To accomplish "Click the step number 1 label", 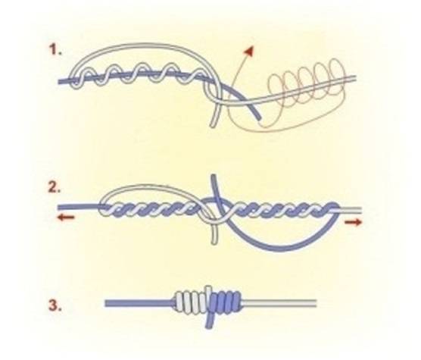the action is [x=55, y=50].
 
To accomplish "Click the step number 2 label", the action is [x=55, y=187].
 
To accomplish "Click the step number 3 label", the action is [x=55, y=305].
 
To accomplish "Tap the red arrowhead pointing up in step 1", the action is [x=249, y=51].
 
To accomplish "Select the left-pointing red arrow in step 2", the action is [x=67, y=218].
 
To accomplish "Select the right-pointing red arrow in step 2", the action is [x=354, y=222].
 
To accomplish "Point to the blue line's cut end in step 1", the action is [x=260, y=117].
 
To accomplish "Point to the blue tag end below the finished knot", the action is [x=209, y=321].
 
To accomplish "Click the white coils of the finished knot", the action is [x=192, y=302].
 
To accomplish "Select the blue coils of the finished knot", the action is [x=226, y=302].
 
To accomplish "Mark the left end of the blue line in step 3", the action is [x=105, y=304].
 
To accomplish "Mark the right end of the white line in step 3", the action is [x=317, y=304].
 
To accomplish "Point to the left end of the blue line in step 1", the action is [x=59, y=81].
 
